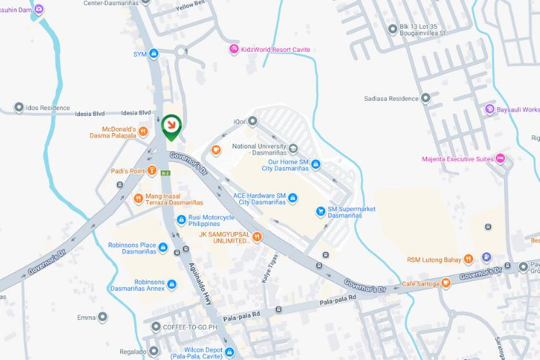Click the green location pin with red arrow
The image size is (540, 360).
(x=171, y=127)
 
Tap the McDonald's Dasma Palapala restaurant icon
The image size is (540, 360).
(x=143, y=132)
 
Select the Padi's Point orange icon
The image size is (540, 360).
(x=152, y=171)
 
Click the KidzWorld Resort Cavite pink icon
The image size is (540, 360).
(x=233, y=49)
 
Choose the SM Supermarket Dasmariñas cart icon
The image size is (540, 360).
(x=321, y=211)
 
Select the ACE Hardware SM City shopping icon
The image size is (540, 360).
(x=292, y=199)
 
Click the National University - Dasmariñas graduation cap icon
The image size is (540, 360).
(x=293, y=150)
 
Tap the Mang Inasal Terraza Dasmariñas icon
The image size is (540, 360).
(x=138, y=197)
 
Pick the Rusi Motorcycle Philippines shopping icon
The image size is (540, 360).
(x=181, y=220)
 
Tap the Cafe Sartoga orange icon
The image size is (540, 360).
(x=446, y=283)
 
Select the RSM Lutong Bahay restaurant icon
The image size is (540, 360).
(x=467, y=258)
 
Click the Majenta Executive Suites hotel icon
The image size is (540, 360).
(x=500, y=158)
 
